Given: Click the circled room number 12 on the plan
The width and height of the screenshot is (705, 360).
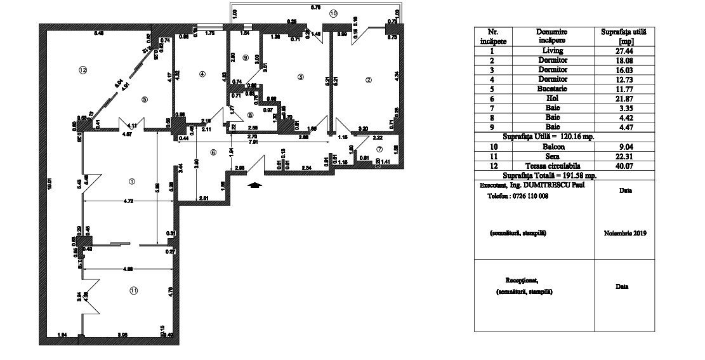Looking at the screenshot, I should [x=82, y=69].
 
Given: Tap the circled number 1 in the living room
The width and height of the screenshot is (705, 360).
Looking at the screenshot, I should [x=131, y=180].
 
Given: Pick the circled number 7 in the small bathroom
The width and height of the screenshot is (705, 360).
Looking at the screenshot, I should [x=379, y=149].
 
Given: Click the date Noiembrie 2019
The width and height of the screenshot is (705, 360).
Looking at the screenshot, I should [x=624, y=234].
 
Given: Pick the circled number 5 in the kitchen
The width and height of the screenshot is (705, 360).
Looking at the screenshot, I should [x=144, y=99].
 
